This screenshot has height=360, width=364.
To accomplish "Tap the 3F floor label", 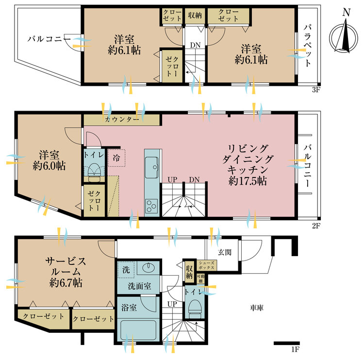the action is click(x=316, y=90).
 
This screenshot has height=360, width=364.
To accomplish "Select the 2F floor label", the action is click(x=316, y=226).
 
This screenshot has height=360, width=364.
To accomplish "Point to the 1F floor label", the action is click(x=295, y=349).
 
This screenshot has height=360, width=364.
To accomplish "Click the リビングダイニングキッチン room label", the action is click(x=248, y=164).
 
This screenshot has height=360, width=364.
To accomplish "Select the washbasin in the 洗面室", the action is click(x=149, y=268).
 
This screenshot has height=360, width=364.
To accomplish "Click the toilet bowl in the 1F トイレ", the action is click(x=195, y=306).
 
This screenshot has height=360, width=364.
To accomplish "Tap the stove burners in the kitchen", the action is click(x=151, y=206).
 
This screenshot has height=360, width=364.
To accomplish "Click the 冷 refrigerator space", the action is click(x=116, y=158).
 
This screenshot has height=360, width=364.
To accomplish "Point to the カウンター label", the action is click(x=122, y=119).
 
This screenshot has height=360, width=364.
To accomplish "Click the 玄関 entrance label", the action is click(x=225, y=252).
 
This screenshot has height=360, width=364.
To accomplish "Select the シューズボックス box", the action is click(x=207, y=265).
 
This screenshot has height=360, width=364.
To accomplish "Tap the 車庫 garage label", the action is click(x=257, y=308).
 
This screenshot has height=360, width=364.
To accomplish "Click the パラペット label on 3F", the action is click(x=307, y=46).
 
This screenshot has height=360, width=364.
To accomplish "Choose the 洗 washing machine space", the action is click(x=126, y=270).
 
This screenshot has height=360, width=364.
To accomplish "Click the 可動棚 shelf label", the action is click(x=201, y=279).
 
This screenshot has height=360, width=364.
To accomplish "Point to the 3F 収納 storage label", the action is click(x=195, y=16).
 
